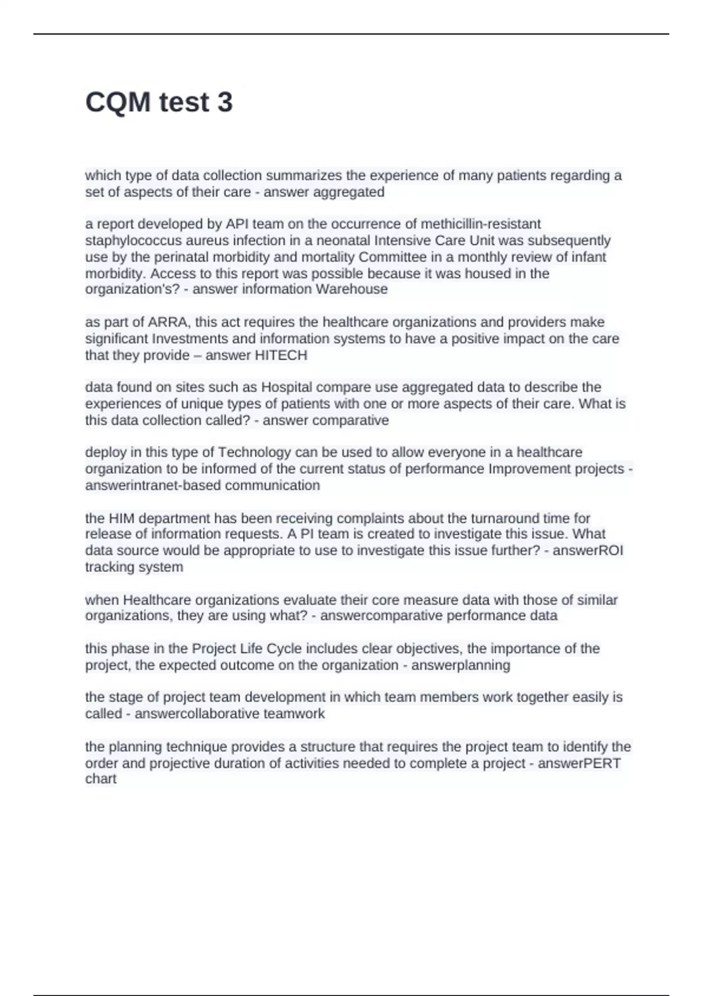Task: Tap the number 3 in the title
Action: click(225, 103)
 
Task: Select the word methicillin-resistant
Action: click(481, 224)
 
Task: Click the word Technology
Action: click(254, 452)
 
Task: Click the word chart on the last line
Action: click(101, 779)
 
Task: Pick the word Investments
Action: click(187, 339)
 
